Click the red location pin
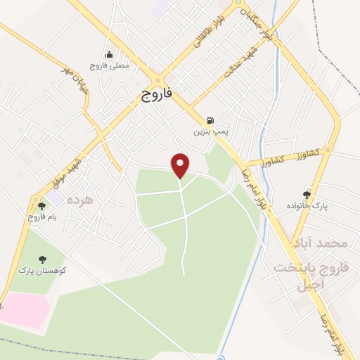pos(181,165)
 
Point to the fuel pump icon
pos(211,121)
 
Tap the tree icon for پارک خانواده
pos(307,194)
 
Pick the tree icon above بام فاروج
pos(41,205)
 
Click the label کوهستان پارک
pos(41,270)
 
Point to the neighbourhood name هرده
pos(80,200)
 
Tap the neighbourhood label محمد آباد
pos(323,243)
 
